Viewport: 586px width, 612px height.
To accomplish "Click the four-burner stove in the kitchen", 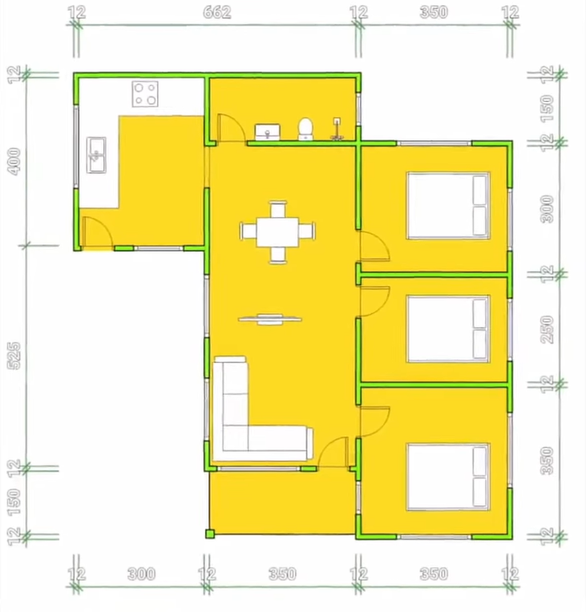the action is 145,94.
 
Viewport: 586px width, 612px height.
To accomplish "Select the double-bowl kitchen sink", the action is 96,155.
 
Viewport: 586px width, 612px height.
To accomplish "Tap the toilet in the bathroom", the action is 305,129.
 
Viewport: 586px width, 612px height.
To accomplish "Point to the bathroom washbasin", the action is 267,132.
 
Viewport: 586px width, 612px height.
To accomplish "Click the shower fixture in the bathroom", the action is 337,129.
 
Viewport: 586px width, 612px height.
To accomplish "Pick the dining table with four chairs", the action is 277,232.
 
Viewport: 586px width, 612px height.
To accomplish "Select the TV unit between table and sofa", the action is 270,320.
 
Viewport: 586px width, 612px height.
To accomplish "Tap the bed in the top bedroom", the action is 448,205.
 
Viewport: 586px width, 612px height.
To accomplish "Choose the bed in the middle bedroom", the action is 448,329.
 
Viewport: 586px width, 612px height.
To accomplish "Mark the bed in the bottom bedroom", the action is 448,477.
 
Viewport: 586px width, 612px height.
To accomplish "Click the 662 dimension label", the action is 216,13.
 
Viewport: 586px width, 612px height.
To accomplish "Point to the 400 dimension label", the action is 14,161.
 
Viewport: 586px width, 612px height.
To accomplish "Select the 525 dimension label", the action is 14,355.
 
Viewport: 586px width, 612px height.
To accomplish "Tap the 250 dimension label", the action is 548,330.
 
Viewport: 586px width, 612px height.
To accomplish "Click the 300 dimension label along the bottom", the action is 141,574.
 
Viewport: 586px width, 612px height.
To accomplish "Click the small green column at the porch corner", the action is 210,533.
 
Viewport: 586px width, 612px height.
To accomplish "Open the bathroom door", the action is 232,128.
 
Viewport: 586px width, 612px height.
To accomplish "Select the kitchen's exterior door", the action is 98,232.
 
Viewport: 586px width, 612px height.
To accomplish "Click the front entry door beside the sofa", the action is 333,452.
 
